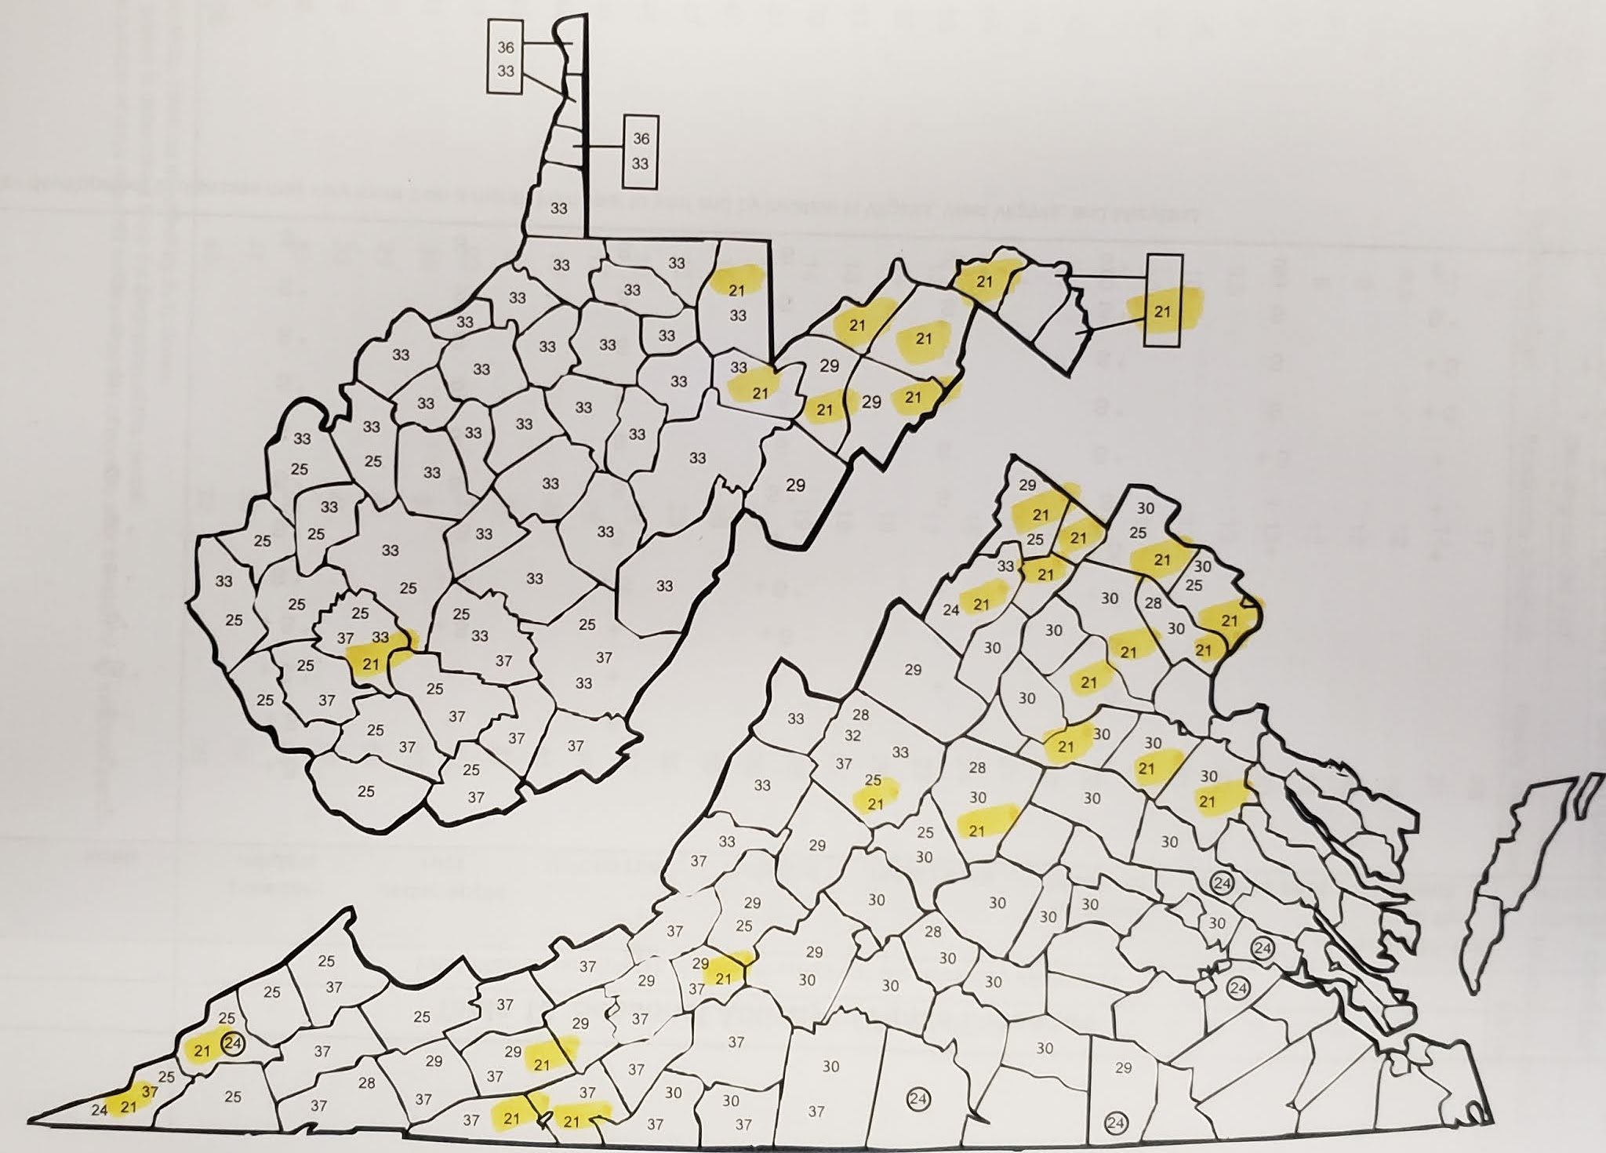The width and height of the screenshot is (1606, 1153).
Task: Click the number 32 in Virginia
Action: pyautogui.click(x=852, y=736)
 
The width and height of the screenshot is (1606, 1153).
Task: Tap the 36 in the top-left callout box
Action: pyautogui.click(x=506, y=47)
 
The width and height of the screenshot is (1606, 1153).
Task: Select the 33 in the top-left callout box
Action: pyautogui.click(x=506, y=71)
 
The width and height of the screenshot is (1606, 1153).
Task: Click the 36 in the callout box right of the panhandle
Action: pyautogui.click(x=641, y=139)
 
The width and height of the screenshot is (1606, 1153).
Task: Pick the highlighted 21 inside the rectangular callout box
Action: pyautogui.click(x=1161, y=311)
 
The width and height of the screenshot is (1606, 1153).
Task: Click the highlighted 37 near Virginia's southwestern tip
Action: pyautogui.click(x=150, y=1091)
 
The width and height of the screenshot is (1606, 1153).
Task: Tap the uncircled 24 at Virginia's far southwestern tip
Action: pyautogui.click(x=99, y=1110)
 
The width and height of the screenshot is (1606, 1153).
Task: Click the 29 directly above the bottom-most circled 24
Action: pyautogui.click(x=1123, y=1068)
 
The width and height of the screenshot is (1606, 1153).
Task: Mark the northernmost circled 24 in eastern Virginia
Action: pyautogui.click(x=1222, y=882)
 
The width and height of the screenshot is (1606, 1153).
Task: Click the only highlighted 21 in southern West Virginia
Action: pyautogui.click(x=370, y=664)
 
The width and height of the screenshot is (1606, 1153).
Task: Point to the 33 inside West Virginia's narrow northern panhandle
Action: pyautogui.click(x=558, y=209)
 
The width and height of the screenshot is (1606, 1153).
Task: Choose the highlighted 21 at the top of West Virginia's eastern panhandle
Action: pyautogui.click(x=985, y=281)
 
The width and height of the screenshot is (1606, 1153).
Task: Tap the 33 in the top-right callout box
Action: pyautogui.click(x=641, y=164)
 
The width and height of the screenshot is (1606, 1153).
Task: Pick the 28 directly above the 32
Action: pyautogui.click(x=861, y=715)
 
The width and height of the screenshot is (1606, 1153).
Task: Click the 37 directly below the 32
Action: pyautogui.click(x=844, y=763)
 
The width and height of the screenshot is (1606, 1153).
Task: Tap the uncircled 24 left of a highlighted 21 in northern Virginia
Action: pyautogui.click(x=950, y=609)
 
